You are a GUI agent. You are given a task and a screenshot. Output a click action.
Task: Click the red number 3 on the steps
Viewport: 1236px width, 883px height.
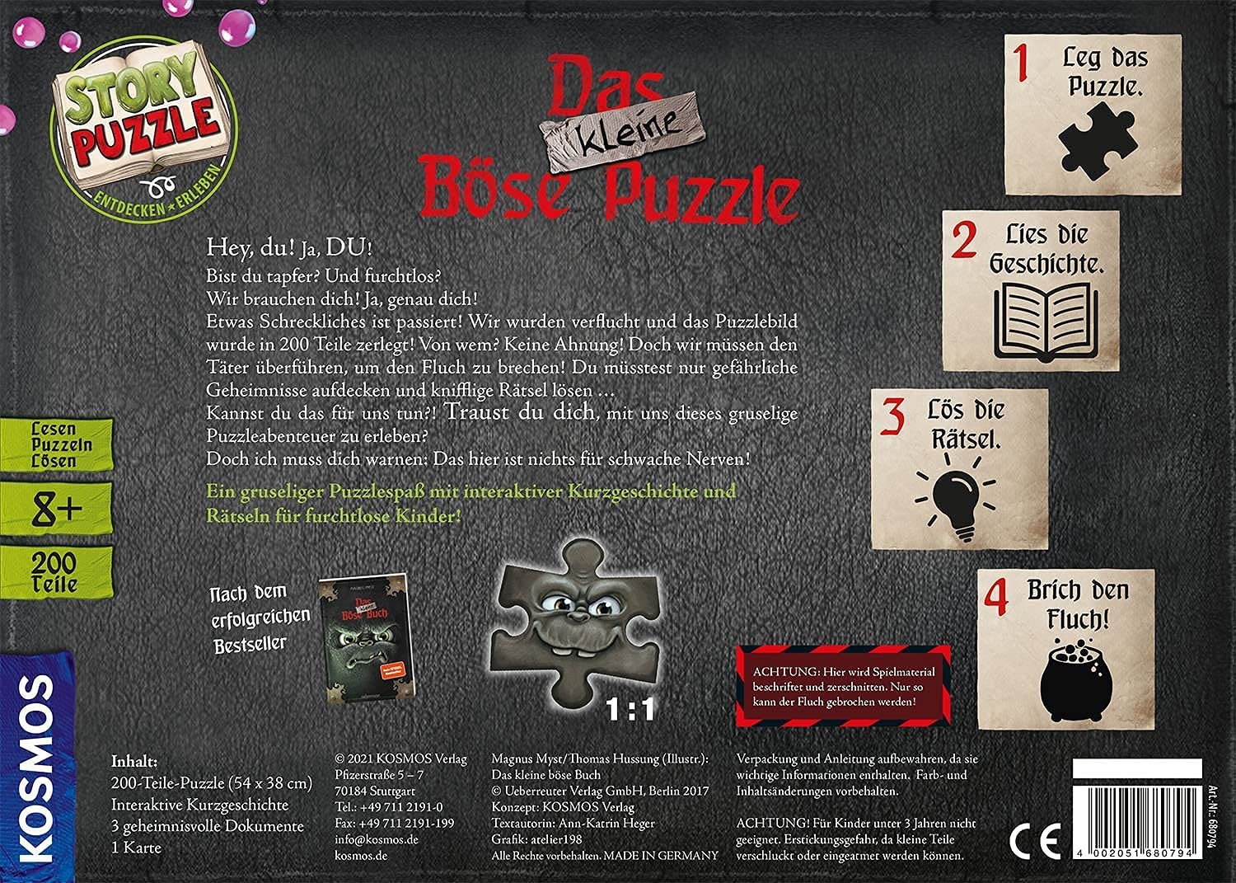coord(892,417)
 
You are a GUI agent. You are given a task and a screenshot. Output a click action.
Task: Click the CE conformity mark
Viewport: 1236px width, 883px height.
coord(1035,841)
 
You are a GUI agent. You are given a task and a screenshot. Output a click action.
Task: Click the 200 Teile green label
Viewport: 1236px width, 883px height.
coord(55,572)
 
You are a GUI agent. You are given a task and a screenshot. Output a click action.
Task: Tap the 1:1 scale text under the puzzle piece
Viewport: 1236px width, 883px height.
coord(630,708)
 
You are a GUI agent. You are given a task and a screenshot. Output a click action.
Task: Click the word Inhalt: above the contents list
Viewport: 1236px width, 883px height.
coord(134,760)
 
